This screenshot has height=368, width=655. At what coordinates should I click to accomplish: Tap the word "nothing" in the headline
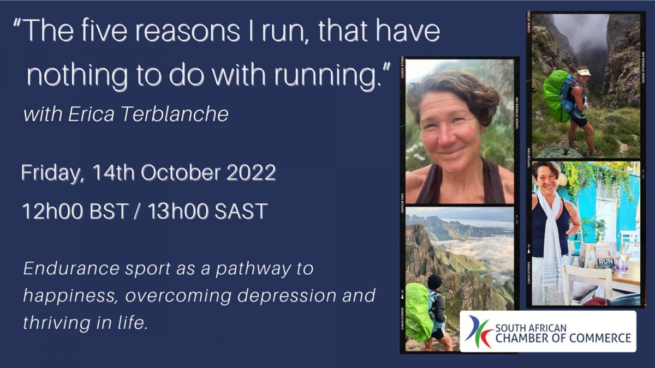pyautogui.click(x=78, y=76)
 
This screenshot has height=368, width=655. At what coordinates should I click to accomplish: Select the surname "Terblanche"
pyautogui.click(x=175, y=114)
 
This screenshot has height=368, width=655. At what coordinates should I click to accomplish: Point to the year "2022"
pyautogui.click(x=252, y=173)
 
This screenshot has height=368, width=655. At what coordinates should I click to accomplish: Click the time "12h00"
pyautogui.click(x=52, y=211)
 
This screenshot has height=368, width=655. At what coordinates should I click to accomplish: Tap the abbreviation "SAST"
pyautogui.click(x=241, y=211)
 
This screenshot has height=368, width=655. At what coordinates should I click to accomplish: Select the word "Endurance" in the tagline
pyautogui.click(x=72, y=268)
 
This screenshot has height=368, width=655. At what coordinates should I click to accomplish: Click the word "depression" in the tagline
pyautogui.click(x=287, y=296)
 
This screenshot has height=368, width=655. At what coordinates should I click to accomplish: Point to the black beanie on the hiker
pyautogui.click(x=434, y=281)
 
